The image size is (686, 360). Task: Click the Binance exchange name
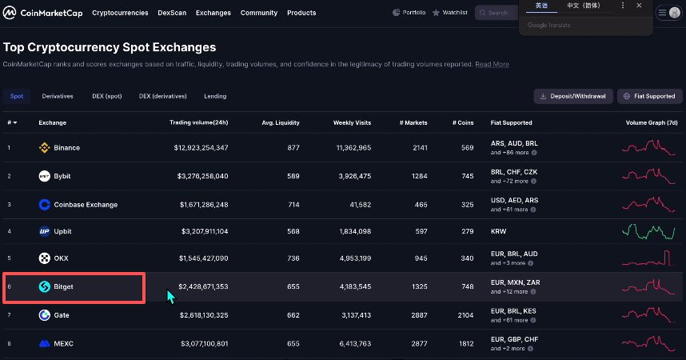pos(66,148)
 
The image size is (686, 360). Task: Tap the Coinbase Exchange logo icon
pos(45,205)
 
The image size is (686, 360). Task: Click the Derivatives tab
pos(58,96)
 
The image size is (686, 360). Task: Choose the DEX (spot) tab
pos(107,96)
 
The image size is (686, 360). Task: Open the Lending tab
pos(215,96)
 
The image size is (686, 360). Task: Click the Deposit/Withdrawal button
pos(573,96)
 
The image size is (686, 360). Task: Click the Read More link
pos(492,64)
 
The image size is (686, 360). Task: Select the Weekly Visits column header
pos(352,123)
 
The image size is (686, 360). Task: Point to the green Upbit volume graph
pos(648,232)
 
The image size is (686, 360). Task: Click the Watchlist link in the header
pos(452,13)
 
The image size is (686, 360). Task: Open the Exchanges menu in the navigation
pos(213,13)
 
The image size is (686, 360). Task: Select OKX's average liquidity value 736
pos(293,258)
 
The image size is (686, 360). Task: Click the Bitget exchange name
pos(63,286)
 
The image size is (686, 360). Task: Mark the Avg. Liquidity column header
pos(280,123)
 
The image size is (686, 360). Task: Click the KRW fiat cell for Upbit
pos(498,231)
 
